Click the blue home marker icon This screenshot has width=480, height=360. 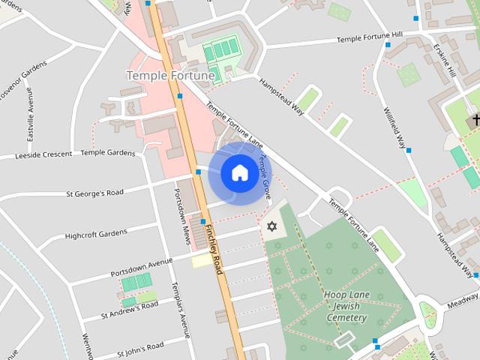[x=239, y=173]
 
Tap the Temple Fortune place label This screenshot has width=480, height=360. [x=171, y=75]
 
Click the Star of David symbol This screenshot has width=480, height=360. [x=271, y=226]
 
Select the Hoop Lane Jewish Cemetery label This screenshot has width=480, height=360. [x=346, y=306]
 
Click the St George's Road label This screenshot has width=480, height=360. [x=94, y=193]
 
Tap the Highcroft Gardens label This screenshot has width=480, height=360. [x=96, y=235]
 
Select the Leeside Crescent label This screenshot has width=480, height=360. [x=43, y=154]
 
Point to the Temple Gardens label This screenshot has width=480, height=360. [x=107, y=152]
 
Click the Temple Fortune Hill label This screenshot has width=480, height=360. [x=370, y=37]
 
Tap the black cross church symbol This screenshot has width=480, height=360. [x=475, y=120]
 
